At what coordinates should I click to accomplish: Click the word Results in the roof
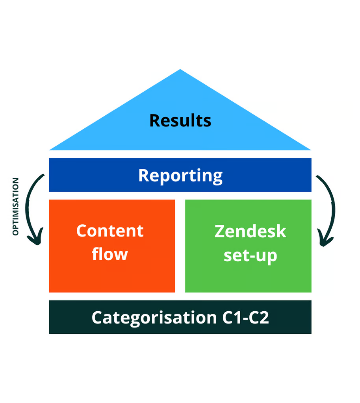click(180, 120)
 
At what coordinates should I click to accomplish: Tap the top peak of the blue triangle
click(180, 69)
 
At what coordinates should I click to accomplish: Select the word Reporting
click(180, 176)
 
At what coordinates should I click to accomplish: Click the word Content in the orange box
click(110, 231)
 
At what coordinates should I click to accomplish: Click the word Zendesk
click(251, 231)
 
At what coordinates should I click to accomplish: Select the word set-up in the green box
click(251, 256)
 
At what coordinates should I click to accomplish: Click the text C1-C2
click(245, 318)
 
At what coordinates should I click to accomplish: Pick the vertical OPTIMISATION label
click(16, 206)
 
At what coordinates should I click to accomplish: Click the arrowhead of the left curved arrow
click(35, 238)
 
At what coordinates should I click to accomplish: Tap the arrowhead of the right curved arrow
click(325, 239)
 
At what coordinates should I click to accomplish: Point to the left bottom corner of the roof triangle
click(49, 150)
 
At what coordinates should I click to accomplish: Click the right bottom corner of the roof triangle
click(311, 150)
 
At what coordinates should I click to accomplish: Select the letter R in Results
click(155, 120)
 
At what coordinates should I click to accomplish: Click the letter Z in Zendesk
click(220, 231)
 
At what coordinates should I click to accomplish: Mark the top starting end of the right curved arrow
click(317, 176)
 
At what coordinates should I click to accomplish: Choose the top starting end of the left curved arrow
click(44, 175)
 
